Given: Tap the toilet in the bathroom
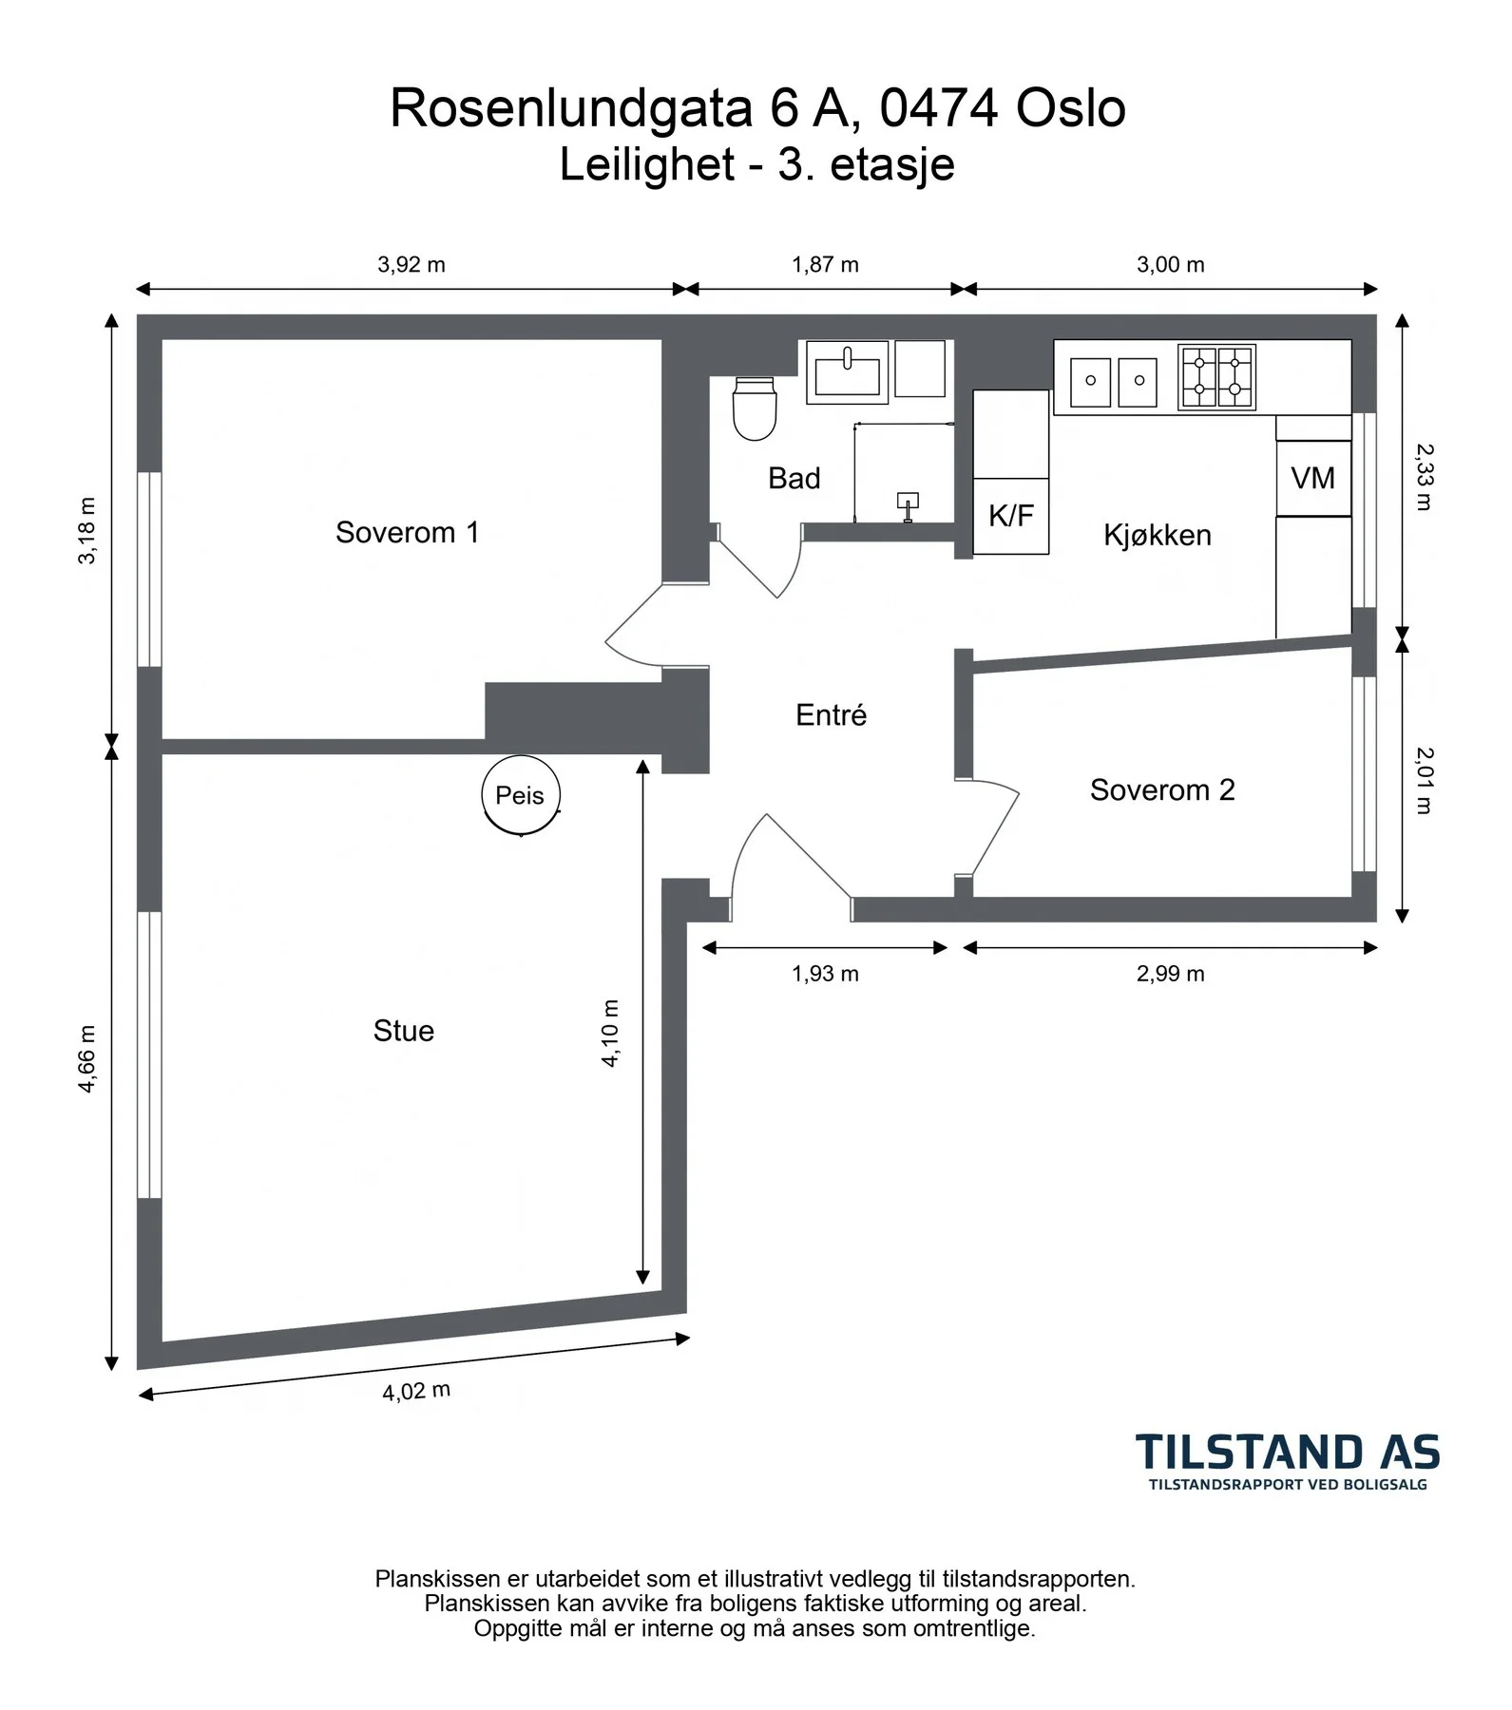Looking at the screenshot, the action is [x=755, y=408].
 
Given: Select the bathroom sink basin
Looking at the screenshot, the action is [x=848, y=372].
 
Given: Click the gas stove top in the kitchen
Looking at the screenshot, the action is [x=1216, y=377].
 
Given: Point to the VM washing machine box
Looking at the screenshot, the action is [x=1313, y=478].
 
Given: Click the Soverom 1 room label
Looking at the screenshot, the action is [x=407, y=532].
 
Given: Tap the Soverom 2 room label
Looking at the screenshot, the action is [x=1162, y=789].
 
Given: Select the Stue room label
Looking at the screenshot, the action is [x=404, y=1031].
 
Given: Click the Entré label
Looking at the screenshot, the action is [x=832, y=714].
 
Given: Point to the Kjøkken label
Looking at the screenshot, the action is [x=1158, y=535].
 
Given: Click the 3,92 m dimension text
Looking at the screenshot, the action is [x=411, y=265].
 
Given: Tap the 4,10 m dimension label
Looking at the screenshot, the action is [x=610, y=1034].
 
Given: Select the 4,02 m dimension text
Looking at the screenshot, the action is [x=416, y=1392].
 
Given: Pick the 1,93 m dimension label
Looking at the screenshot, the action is [x=825, y=974].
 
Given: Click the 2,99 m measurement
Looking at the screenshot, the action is [x=1171, y=974].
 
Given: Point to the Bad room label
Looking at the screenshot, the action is [x=794, y=478].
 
